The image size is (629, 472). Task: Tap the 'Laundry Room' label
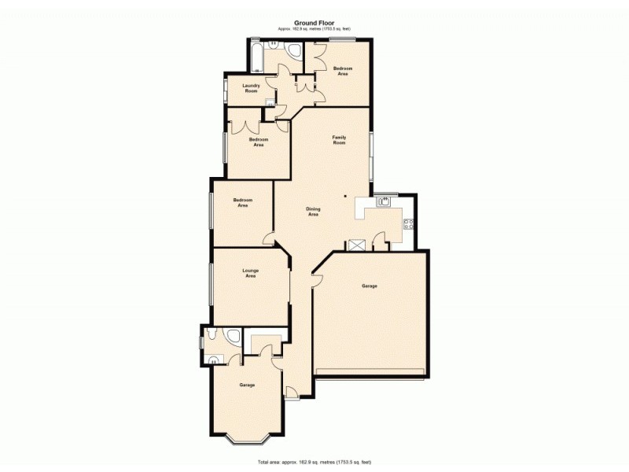coord(251,88)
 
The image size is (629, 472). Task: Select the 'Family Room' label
coord(339,140)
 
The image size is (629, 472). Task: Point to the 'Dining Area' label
coord(313,211)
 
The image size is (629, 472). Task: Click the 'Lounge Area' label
coord(250,274)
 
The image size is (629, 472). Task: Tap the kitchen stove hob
coord(408,224)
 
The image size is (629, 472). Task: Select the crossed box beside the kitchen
coord(358,245)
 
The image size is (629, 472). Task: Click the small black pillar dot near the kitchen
coord(345,197)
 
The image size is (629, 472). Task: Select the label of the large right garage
coord(370,286)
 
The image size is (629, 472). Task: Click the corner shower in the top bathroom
coord(294,51)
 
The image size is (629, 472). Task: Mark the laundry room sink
coord(270,101)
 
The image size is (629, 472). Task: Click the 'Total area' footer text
coord(314,461)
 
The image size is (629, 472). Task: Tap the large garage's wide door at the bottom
coord(370,371)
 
